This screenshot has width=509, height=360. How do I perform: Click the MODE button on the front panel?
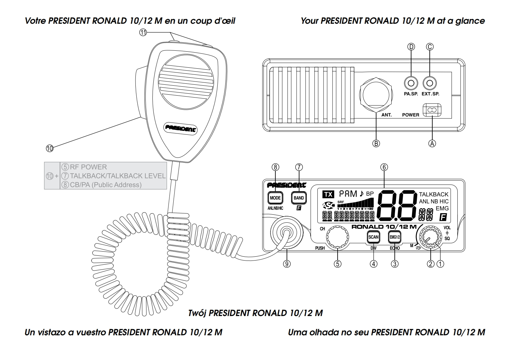click(275, 198)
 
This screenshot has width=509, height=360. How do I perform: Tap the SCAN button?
click(373, 237)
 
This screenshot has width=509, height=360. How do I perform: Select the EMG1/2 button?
click(394, 237)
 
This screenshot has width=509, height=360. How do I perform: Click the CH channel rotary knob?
click(338, 237)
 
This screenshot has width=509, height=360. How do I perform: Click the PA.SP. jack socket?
click(411, 83)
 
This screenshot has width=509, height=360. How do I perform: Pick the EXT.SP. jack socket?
click(430, 83)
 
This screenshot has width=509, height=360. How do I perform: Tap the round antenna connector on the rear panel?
click(376, 96)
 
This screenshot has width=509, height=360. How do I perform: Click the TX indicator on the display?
click(328, 194)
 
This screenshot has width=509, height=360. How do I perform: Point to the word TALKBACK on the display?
click(434, 194)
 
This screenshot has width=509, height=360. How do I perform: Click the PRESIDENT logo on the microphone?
click(181, 128)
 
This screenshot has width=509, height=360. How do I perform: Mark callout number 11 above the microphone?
click(143, 32)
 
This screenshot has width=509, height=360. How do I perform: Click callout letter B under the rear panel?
click(376, 143)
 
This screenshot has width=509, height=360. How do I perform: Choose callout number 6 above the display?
click(384, 167)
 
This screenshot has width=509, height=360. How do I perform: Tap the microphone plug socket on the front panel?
click(287, 232)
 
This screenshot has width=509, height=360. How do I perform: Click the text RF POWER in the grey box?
click(88, 167)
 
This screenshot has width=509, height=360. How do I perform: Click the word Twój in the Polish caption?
click(197, 313)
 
